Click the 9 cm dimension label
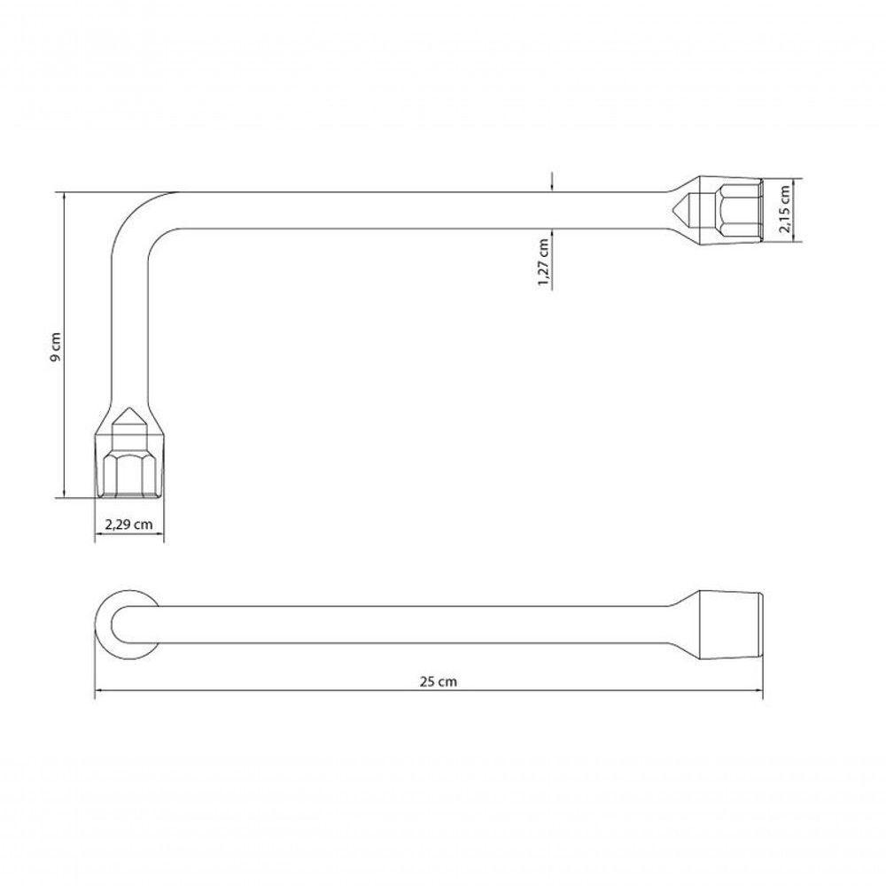[x=56, y=346]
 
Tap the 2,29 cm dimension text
[x=128, y=524]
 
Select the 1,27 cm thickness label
[x=544, y=262]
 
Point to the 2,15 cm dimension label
[x=784, y=210]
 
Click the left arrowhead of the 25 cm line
[x=98, y=693]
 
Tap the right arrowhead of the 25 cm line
[x=759, y=693]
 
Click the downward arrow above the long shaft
[x=551, y=185]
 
